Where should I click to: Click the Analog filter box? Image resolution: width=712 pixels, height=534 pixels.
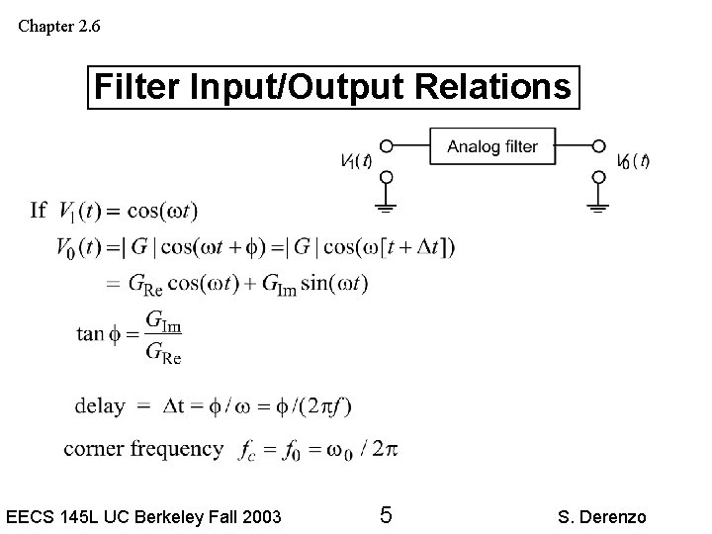[x=492, y=146]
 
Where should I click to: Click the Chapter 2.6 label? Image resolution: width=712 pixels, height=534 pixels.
[x=58, y=26]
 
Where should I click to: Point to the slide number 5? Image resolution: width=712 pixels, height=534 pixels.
[x=387, y=515]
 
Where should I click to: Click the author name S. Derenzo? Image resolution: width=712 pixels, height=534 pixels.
[x=601, y=516]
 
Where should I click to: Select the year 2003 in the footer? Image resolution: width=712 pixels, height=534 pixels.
[x=260, y=516]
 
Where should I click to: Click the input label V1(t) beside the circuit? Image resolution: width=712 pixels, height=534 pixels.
[x=355, y=161]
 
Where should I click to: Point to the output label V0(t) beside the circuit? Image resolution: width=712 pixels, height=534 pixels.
[x=633, y=161]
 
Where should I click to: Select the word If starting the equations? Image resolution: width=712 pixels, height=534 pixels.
[x=39, y=210]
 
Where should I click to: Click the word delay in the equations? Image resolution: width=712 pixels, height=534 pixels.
[x=100, y=405]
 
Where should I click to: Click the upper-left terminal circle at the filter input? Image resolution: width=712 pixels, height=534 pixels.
[x=387, y=145]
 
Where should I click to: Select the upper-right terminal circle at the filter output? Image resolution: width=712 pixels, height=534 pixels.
[x=598, y=145]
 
